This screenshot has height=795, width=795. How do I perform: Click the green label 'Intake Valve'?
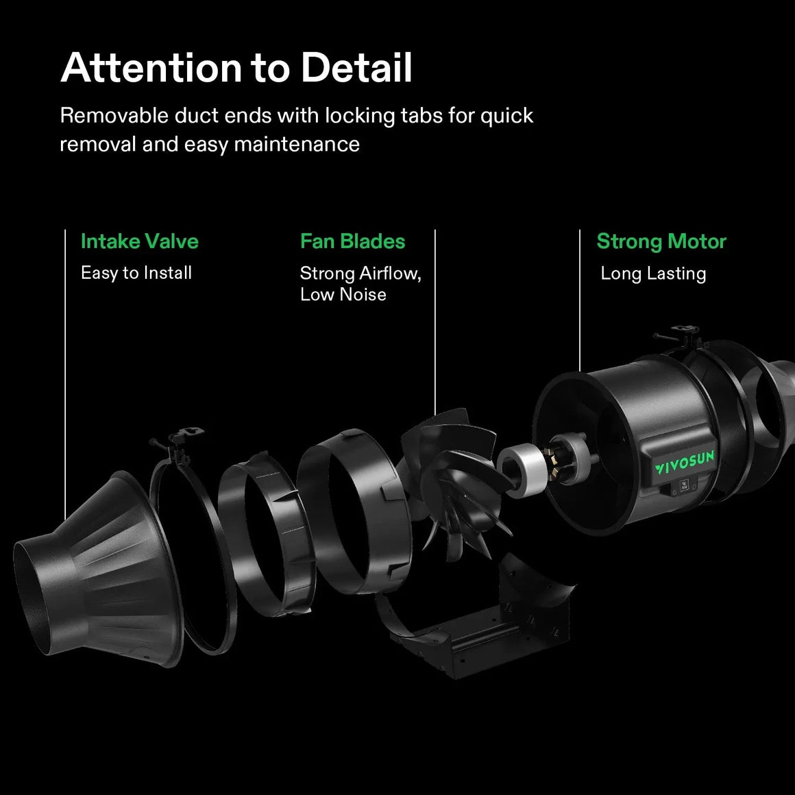pos(139,241)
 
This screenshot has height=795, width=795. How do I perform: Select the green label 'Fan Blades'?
pos(352,241)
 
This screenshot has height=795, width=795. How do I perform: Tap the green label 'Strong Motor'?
pos(661,241)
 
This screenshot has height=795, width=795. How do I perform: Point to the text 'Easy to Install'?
pos(136,273)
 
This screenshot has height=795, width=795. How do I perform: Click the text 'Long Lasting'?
pos(652,273)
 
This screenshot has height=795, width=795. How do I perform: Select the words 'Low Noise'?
pos(343,295)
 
